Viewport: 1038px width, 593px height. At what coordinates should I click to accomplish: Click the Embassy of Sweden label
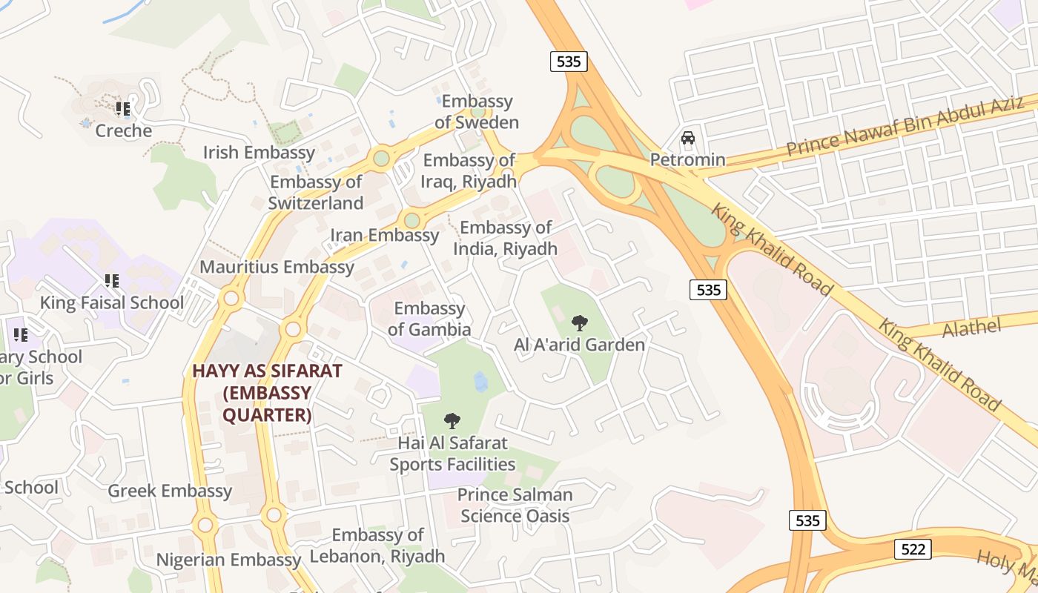click(476, 112)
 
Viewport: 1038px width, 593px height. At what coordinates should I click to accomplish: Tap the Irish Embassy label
click(259, 153)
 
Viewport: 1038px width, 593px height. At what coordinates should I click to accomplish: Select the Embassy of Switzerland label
click(316, 192)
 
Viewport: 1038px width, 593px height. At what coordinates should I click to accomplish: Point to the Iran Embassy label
click(384, 235)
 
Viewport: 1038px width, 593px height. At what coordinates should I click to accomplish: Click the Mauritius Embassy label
click(277, 267)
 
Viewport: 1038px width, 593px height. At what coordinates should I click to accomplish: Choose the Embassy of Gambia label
click(429, 319)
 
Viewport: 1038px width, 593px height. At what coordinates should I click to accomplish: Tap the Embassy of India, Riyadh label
click(505, 238)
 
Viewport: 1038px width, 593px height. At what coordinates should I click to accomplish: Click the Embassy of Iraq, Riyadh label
click(469, 170)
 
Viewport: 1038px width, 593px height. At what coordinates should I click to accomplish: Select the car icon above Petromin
click(688, 139)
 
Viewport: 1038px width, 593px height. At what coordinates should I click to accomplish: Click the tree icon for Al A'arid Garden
click(580, 322)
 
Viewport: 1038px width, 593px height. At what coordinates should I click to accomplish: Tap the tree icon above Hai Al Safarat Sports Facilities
click(452, 421)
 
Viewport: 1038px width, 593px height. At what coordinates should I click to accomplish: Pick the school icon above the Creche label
click(123, 109)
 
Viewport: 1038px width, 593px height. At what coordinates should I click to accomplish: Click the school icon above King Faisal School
click(112, 281)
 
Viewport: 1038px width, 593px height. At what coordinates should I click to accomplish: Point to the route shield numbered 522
click(913, 549)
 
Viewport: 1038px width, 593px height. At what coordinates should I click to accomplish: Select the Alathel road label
click(971, 328)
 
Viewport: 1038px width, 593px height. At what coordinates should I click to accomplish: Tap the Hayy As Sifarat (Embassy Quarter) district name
click(267, 393)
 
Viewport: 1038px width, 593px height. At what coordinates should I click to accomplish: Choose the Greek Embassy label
click(170, 491)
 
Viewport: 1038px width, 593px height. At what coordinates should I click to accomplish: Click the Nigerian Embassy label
click(228, 560)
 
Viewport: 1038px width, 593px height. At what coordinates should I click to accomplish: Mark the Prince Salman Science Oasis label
click(515, 506)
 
